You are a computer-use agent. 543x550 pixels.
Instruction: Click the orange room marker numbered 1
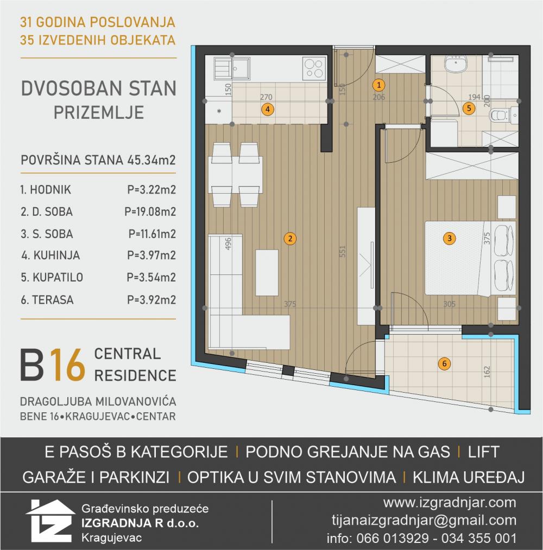[x=378, y=85]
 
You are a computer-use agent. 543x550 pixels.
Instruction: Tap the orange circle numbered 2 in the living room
[x=290, y=239]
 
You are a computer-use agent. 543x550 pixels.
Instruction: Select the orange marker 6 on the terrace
[x=444, y=363]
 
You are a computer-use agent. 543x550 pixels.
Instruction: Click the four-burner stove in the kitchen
[x=313, y=68]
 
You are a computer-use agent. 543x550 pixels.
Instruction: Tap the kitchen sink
[x=232, y=68]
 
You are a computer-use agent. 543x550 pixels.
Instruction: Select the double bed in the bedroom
[x=470, y=258]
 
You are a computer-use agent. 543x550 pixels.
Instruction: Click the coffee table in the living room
[x=267, y=272]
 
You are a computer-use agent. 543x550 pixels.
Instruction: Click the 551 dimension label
[x=343, y=251]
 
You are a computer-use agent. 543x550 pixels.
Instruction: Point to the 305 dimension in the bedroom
[x=449, y=304]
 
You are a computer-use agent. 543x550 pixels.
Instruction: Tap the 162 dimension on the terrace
[x=487, y=372]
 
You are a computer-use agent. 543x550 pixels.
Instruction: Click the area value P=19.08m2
[x=150, y=212]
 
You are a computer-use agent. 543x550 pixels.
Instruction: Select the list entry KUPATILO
[x=58, y=278]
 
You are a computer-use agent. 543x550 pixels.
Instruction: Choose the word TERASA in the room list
[x=53, y=300]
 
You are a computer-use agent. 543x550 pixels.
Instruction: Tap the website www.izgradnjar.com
[x=450, y=503]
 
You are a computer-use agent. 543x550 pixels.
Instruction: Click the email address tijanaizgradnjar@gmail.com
[x=424, y=520]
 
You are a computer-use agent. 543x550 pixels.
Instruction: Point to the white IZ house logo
[x=50, y=521]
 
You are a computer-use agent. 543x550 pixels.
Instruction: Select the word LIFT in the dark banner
[x=483, y=452]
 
